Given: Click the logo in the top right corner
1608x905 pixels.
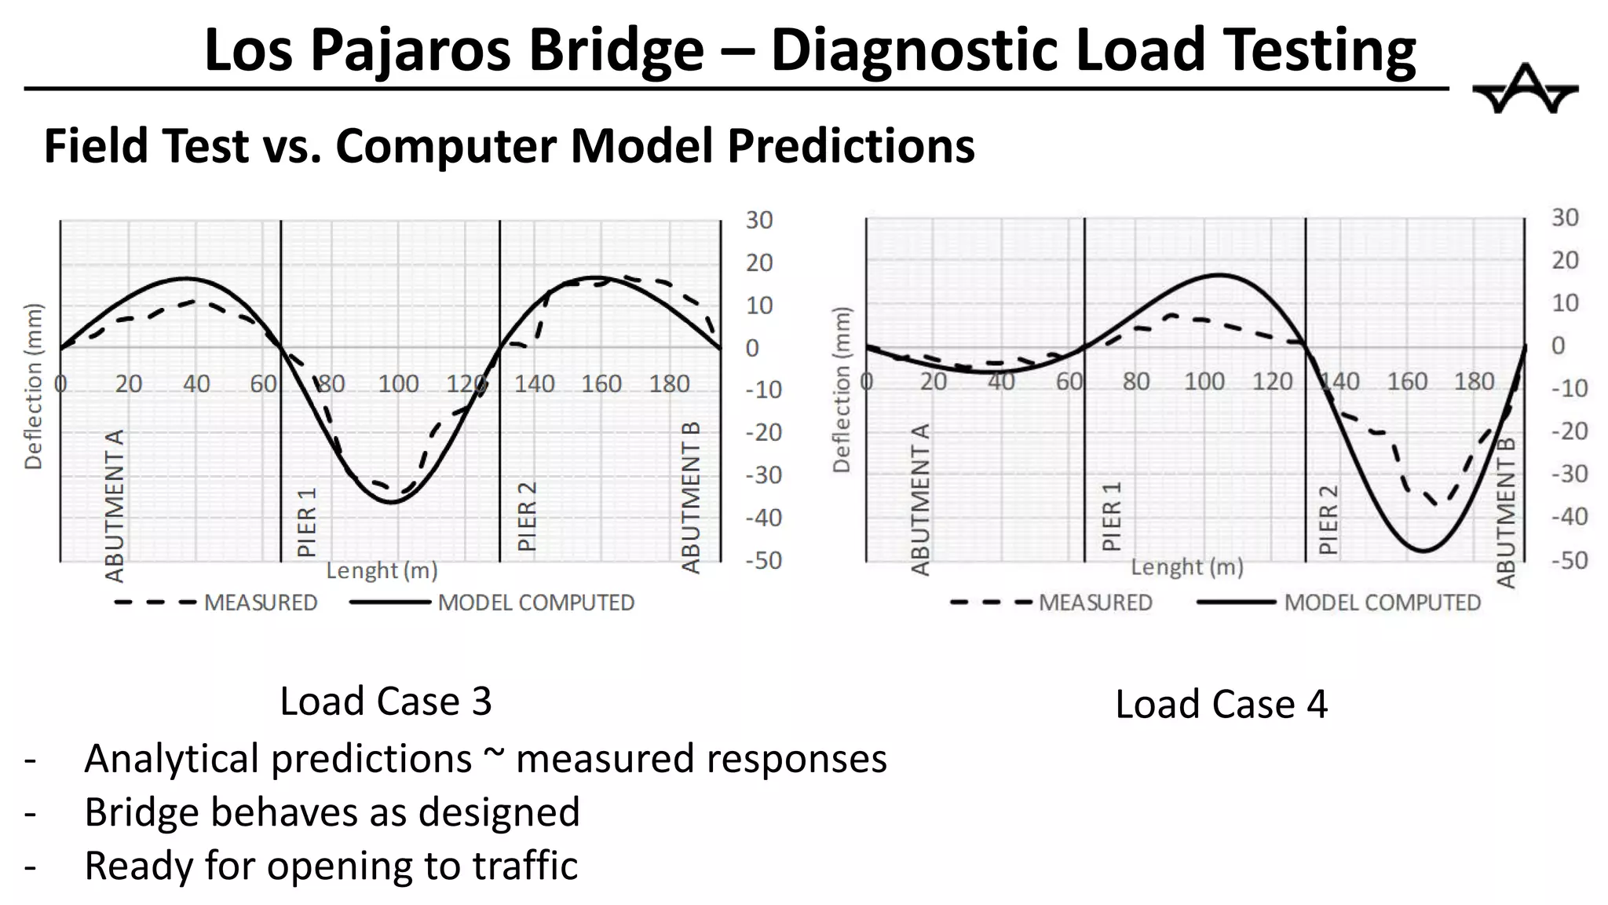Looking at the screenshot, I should pyautogui.click(x=1524, y=89).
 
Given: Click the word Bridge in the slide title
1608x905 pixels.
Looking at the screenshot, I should pyautogui.click(x=616, y=50).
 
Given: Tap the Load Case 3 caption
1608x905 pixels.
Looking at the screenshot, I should pyautogui.click(x=386, y=701).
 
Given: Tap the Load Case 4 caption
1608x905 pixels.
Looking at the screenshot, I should pyautogui.click(x=1221, y=704).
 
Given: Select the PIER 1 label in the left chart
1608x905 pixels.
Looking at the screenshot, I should pyautogui.click(x=307, y=522).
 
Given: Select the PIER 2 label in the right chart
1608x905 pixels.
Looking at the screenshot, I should pyautogui.click(x=1328, y=519).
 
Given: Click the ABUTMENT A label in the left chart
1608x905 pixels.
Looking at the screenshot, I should pyautogui.click(x=115, y=505).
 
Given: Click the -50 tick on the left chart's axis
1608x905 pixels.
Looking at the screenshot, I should pyautogui.click(x=763, y=561).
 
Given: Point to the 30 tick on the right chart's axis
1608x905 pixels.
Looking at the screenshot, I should pyautogui.click(x=1564, y=218).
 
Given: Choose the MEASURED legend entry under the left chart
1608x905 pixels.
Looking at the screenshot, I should pyautogui.click(x=260, y=603).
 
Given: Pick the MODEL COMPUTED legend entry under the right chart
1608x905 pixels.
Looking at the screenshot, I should pyautogui.click(x=1381, y=603).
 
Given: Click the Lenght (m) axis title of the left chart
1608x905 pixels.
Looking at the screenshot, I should pyautogui.click(x=382, y=570).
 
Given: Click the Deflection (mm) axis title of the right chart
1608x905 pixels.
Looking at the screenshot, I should pyautogui.click(x=842, y=390).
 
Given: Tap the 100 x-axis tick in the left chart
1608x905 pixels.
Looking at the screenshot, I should pyautogui.click(x=398, y=384).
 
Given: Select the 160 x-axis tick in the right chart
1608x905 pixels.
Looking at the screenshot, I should pyautogui.click(x=1406, y=382).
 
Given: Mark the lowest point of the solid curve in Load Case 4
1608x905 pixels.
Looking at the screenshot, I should pyautogui.click(x=1423, y=550).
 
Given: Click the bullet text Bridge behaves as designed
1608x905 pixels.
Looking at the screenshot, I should pyautogui.click(x=332, y=812).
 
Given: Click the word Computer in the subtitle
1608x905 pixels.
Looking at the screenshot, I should pyautogui.click(x=446, y=146).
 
